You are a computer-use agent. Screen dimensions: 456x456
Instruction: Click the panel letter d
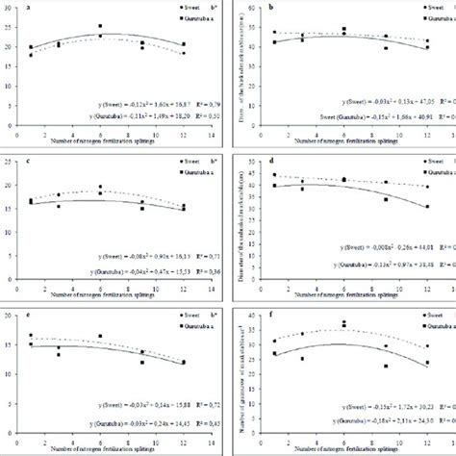pyautogui.click(x=271, y=160)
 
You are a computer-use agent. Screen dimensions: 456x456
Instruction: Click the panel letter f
pyautogui.click(x=271, y=313)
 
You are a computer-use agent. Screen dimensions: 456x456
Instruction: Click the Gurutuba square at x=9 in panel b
pyautogui.click(x=385, y=47)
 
